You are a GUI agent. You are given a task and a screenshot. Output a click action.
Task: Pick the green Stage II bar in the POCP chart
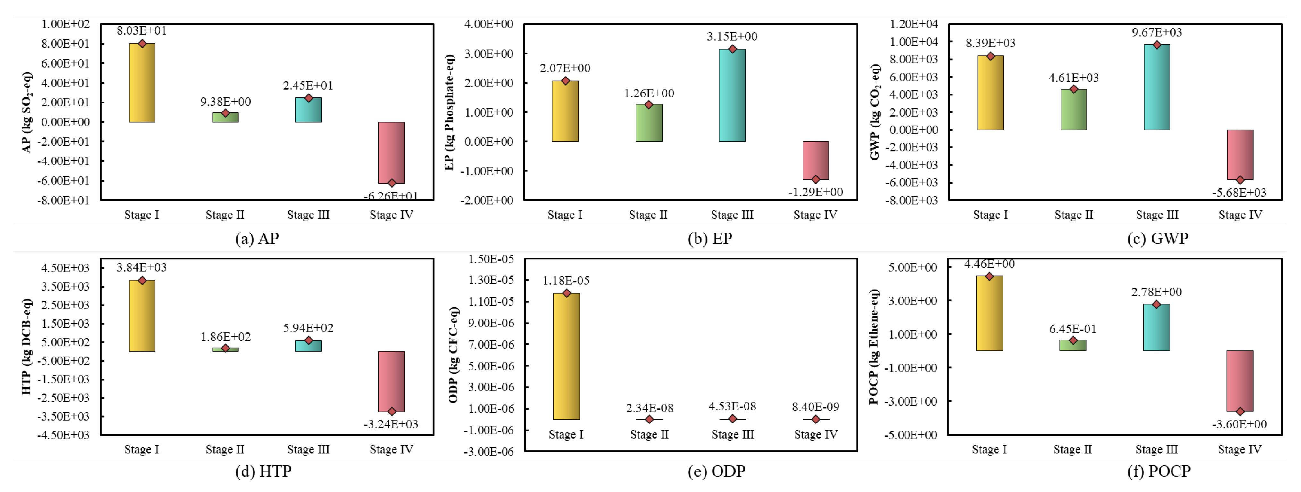pyautogui.click(x=1073, y=345)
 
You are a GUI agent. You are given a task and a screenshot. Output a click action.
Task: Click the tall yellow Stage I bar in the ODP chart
pyautogui.click(x=566, y=356)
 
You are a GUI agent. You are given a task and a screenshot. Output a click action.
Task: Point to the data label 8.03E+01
pyautogui.click(x=142, y=31)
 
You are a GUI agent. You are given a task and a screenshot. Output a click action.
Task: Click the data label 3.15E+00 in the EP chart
pyautogui.click(x=732, y=36)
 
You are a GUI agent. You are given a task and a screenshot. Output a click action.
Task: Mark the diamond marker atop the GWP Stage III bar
pyautogui.click(x=1156, y=45)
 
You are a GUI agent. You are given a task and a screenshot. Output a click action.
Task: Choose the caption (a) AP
pyautogui.click(x=257, y=238)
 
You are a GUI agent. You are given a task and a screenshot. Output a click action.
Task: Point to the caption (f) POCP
pyautogui.click(x=1159, y=471)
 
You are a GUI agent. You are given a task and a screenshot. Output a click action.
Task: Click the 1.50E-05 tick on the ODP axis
pyautogui.click(x=491, y=259)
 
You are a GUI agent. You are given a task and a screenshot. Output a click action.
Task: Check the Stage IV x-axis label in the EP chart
pyautogui.click(x=815, y=215)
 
